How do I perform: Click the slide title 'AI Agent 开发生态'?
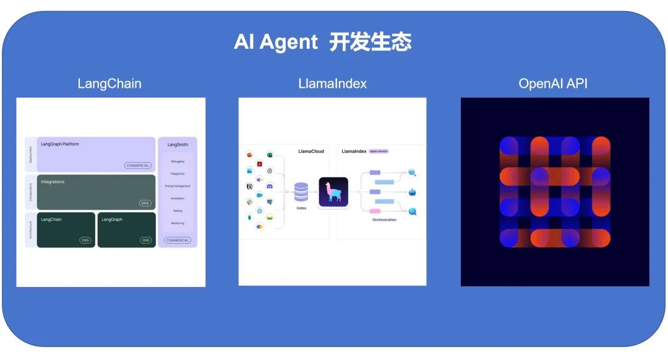point(322,42)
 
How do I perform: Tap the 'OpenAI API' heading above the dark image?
point(553,84)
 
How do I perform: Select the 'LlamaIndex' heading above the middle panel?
point(332,84)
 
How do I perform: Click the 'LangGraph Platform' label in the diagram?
point(60,144)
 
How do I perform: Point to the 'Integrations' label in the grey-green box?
point(53,182)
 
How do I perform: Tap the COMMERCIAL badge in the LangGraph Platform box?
point(138,165)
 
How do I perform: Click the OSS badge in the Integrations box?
point(145,203)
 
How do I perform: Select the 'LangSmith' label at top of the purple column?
point(178,145)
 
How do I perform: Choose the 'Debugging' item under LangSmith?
point(178,161)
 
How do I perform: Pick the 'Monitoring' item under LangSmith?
point(178,223)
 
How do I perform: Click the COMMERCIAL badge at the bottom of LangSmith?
point(178,240)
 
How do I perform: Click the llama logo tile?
point(333,192)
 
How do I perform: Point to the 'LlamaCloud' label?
point(310,152)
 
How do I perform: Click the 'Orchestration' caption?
point(384,220)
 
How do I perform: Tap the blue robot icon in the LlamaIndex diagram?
point(413,192)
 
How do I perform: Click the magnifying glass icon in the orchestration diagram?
point(412,173)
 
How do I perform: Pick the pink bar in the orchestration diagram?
point(375,211)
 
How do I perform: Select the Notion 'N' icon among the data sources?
point(250,186)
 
